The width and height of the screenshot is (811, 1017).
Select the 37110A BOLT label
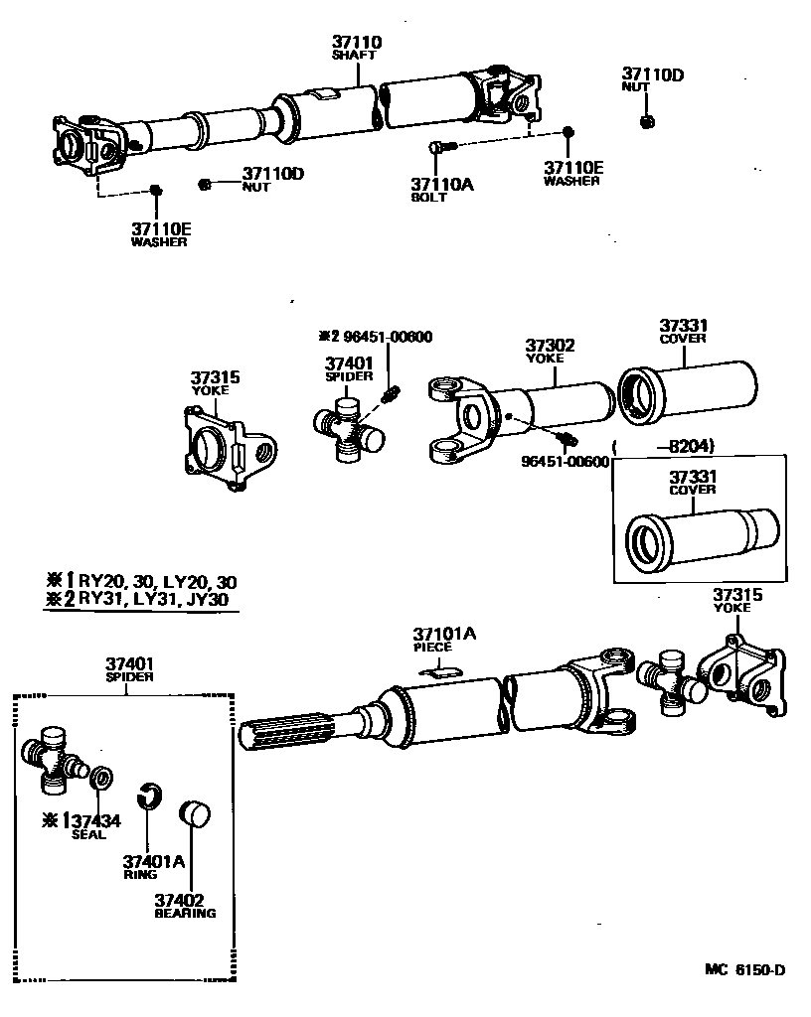tap(429, 189)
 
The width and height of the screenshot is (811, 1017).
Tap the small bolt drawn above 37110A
tap(441, 147)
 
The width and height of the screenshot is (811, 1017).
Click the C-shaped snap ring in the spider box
tap(148, 796)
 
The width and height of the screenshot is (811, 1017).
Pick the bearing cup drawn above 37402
tap(193, 811)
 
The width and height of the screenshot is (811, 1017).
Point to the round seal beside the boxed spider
tap(100, 778)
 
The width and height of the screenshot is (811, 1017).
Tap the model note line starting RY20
tap(139, 582)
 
